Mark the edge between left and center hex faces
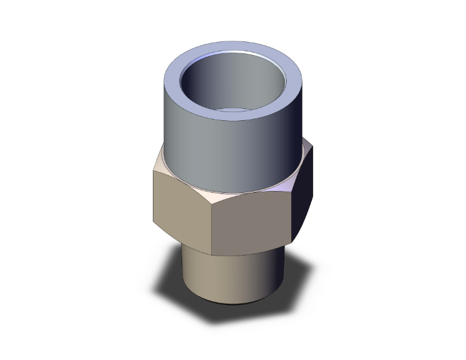[211, 229]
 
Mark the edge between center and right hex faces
[293, 213]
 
